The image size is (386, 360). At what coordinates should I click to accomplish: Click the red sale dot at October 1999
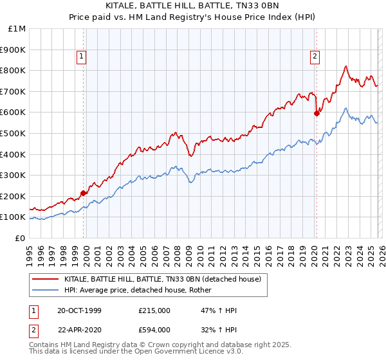point(84,193)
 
